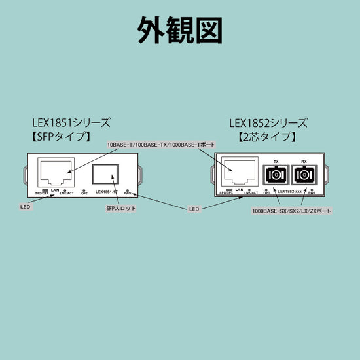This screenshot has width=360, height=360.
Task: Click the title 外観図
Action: pyautogui.click(x=180, y=29)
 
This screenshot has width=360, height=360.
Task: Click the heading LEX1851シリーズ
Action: pyautogui.click(x=71, y=123)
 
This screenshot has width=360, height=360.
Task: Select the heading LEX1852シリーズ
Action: pyautogui.click(x=268, y=123)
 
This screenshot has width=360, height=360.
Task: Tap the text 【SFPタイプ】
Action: pyautogui.click(x=63, y=138)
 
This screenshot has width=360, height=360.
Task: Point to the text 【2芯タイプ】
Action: pyautogui.click(x=266, y=138)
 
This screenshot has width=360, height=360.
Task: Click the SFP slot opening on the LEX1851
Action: pyautogui.click(x=105, y=175)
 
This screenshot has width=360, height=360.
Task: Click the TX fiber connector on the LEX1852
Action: pyautogui.click(x=275, y=175)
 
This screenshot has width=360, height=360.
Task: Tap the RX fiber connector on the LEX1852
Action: pyautogui.click(x=304, y=175)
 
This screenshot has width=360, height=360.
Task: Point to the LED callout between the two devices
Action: pyautogui.click(x=194, y=209)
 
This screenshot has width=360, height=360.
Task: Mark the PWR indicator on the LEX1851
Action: pyautogui.click(x=134, y=191)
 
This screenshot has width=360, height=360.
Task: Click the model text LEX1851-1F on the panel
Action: pyautogui.click(x=106, y=192)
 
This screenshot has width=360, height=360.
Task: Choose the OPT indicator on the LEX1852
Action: pyautogui.click(x=266, y=192)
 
